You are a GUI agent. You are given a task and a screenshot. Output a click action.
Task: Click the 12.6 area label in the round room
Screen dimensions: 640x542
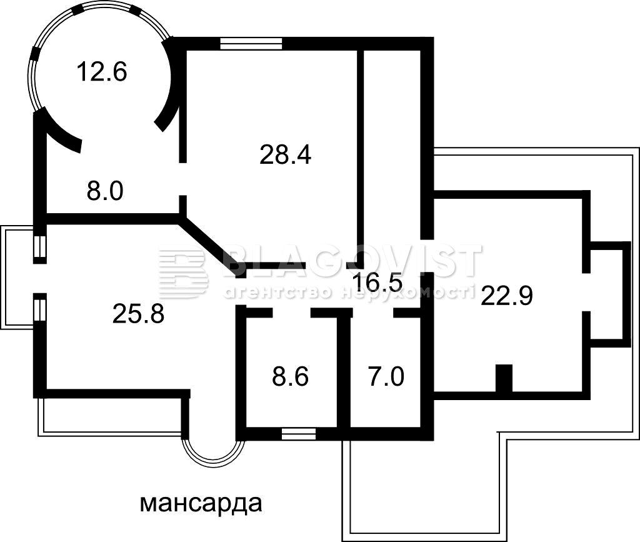pos(102,71)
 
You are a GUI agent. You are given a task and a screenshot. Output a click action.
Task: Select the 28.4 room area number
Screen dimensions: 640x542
pos(285,155)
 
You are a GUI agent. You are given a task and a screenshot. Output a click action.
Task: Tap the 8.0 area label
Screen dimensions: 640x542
pos(105,191)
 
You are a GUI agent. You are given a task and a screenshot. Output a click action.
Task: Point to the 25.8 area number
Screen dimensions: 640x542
pos(138,314)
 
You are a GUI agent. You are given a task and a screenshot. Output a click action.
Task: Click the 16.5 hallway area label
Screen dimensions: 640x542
pos(378,282)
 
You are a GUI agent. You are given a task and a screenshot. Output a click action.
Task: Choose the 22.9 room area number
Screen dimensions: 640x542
pos(507,296)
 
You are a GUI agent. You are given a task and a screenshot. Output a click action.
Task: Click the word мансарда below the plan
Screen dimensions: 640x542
pos(201,504)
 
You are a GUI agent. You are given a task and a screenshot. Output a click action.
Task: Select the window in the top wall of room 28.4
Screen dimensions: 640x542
pos(251,43)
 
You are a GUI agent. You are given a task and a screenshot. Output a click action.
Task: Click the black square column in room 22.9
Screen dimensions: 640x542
pos(504,379)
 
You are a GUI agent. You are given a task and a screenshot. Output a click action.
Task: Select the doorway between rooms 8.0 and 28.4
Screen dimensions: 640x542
pos(183,179)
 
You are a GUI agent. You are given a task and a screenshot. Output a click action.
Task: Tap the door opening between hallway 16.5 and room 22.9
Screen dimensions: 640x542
pos(427,256)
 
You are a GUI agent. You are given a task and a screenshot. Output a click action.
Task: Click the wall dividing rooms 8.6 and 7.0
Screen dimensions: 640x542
pos(344,371)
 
